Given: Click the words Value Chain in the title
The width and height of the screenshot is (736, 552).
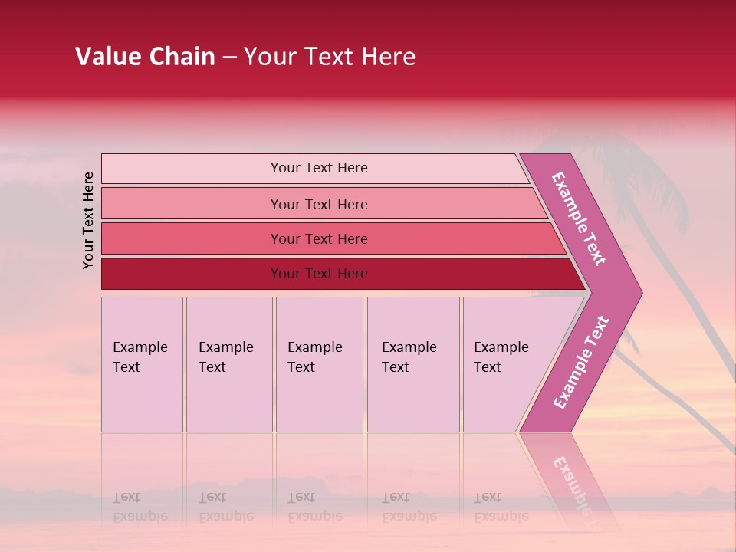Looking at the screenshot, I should (x=145, y=57).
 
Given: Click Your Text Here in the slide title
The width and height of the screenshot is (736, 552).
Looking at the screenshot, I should (x=330, y=57).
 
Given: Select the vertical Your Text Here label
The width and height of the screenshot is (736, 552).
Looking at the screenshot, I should (x=88, y=220).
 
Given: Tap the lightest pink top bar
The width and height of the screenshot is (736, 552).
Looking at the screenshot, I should (x=318, y=168).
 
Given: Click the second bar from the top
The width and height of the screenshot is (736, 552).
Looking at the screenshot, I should (x=318, y=204).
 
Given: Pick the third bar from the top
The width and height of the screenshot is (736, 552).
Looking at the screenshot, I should (x=318, y=238).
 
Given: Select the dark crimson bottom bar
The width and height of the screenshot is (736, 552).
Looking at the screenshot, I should (x=318, y=274).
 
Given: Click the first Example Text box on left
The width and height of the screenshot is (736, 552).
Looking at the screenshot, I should (x=142, y=364).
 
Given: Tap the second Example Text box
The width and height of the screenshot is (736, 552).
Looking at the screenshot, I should (x=228, y=364).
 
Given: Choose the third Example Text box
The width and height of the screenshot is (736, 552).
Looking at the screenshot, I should (x=318, y=364).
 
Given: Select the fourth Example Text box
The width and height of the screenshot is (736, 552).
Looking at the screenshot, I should (x=412, y=364).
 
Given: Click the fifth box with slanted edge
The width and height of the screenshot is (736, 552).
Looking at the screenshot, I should (x=502, y=364).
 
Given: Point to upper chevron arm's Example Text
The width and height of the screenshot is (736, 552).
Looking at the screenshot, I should (x=580, y=219).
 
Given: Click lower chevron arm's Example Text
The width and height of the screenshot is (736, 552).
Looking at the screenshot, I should (x=580, y=363).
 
